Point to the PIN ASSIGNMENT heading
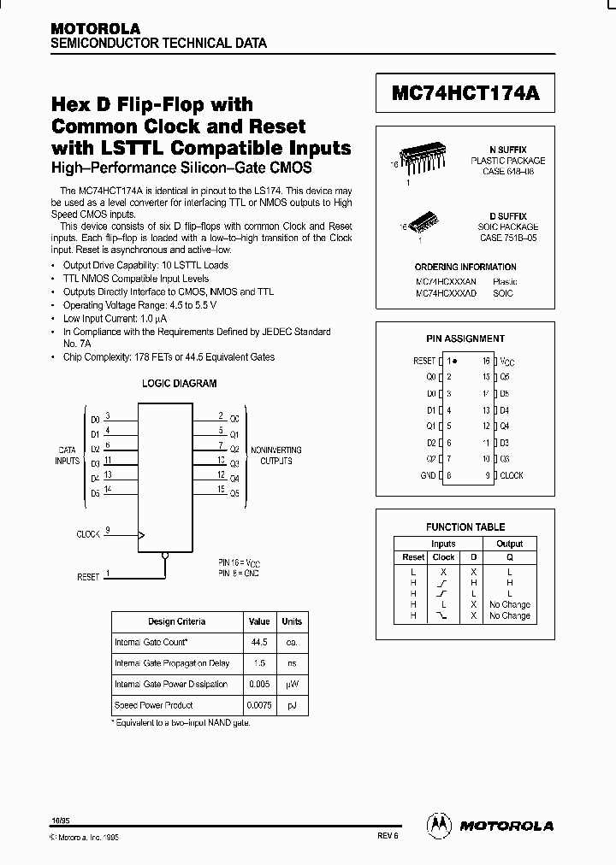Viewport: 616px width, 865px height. [x=465, y=338]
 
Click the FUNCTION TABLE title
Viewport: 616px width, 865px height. [x=465, y=527]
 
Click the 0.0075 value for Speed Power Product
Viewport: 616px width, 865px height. [x=258, y=705]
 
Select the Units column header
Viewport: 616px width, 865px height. [x=292, y=621]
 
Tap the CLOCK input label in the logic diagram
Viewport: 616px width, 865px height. [x=88, y=533]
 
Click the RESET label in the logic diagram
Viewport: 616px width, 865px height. [x=88, y=577]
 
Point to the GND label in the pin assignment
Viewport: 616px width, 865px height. [x=428, y=475]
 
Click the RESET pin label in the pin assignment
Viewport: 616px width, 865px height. [x=424, y=362]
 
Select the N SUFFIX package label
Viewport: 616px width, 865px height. [x=508, y=149]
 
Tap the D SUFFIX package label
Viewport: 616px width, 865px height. [x=508, y=217]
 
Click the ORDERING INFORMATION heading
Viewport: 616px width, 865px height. [x=465, y=268]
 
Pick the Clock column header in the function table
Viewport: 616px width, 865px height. [x=443, y=557]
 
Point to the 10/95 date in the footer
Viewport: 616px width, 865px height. [x=61, y=820]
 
